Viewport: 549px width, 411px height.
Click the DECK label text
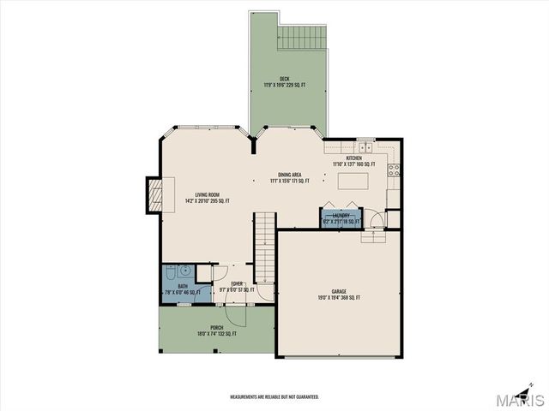[284, 79]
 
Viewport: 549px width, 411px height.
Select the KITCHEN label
[354, 158]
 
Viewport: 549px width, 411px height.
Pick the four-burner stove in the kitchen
[395, 170]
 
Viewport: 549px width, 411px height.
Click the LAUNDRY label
[341, 216]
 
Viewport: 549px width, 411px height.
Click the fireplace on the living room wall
[154, 194]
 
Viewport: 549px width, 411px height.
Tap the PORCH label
[216, 328]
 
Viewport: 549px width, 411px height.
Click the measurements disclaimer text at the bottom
[274, 396]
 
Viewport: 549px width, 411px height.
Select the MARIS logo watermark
[522, 399]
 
